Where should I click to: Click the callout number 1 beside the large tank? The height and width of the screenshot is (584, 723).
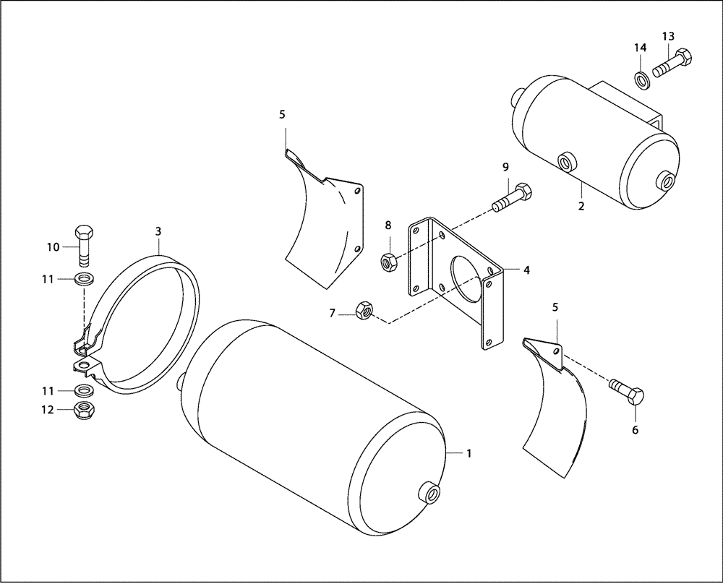coord(469,453)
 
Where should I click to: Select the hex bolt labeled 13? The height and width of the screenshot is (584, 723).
coord(672,63)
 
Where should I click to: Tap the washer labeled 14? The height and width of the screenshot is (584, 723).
coord(641,78)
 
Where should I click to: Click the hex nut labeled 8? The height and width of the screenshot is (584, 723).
coord(388,260)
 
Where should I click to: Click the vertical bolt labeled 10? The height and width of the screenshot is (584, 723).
coord(83,244)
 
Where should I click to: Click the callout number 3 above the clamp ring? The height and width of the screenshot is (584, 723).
coord(158,231)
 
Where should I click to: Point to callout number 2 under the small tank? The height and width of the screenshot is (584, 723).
coord(581,205)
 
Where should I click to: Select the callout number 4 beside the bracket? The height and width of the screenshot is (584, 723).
coord(526,270)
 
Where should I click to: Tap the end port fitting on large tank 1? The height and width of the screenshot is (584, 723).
coord(432,494)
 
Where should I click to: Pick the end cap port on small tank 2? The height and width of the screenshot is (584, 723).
coord(666,179)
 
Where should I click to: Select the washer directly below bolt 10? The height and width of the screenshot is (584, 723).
coord(85,278)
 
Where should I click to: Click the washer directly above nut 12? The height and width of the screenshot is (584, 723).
coord(85,391)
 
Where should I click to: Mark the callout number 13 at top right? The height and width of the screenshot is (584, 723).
coord(667,37)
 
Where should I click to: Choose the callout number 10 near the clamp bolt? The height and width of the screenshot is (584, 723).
coord(54,247)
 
